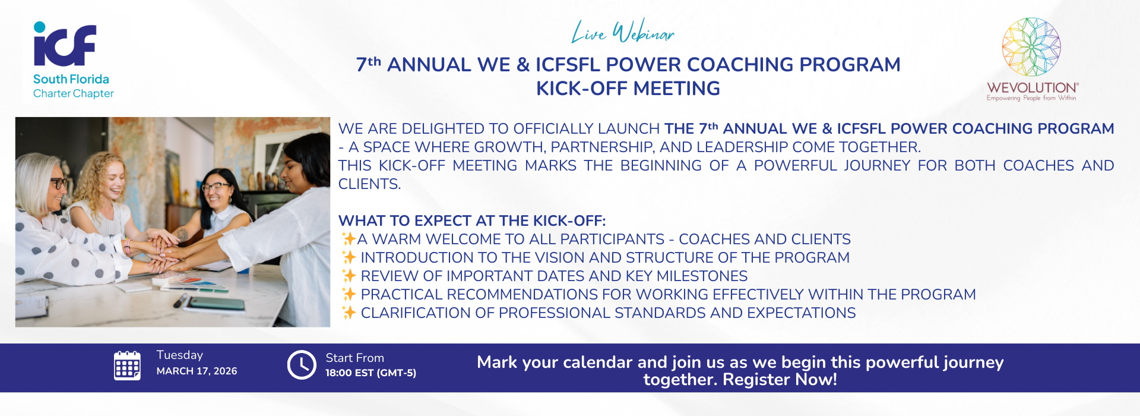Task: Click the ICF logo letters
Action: (65, 44)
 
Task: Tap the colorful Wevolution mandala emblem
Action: (1031, 47)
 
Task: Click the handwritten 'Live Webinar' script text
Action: (623, 31)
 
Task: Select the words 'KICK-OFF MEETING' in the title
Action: (628, 89)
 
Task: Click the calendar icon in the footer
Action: (127, 365)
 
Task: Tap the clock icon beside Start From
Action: (302, 364)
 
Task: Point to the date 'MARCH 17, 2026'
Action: (197, 371)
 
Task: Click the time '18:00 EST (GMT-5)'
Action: (370, 373)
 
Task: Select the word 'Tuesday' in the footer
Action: (180, 355)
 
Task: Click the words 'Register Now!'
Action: (780, 379)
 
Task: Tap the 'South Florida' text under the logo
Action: (71, 79)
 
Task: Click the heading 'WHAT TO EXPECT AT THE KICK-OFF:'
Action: (472, 220)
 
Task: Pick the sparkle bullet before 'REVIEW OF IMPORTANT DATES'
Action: (349, 276)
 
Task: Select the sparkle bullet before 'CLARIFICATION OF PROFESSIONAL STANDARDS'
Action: (349, 313)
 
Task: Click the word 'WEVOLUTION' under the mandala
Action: (1031, 87)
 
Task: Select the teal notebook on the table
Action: (216, 304)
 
